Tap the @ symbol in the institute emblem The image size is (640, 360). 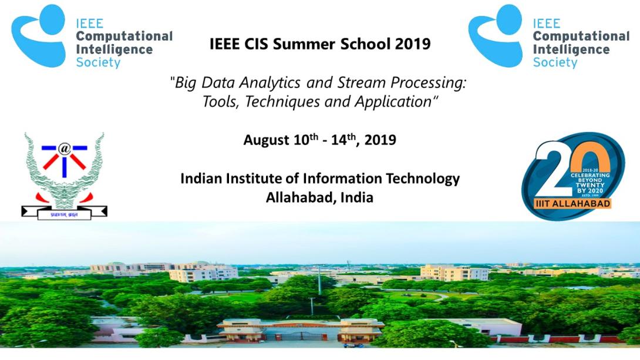pos(65,149)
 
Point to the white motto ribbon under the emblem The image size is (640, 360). pos(64,214)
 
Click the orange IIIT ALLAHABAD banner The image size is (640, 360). pos(572,203)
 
